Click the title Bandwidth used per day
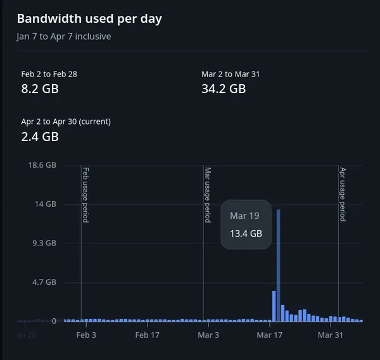89,18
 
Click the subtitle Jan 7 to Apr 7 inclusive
63,37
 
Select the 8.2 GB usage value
39,89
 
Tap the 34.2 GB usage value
223,89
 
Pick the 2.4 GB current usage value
39,136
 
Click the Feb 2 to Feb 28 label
49,74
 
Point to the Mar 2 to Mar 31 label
231,74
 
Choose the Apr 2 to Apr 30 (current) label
66,121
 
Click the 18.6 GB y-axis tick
43,165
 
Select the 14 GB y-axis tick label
46,204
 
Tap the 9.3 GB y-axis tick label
45,243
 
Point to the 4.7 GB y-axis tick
45,282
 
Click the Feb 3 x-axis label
86,335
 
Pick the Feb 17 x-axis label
147,335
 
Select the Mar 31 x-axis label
329,335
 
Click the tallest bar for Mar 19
278,266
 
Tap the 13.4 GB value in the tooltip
246,233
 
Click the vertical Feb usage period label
85,195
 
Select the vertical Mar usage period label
207,195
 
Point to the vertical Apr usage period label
342,194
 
